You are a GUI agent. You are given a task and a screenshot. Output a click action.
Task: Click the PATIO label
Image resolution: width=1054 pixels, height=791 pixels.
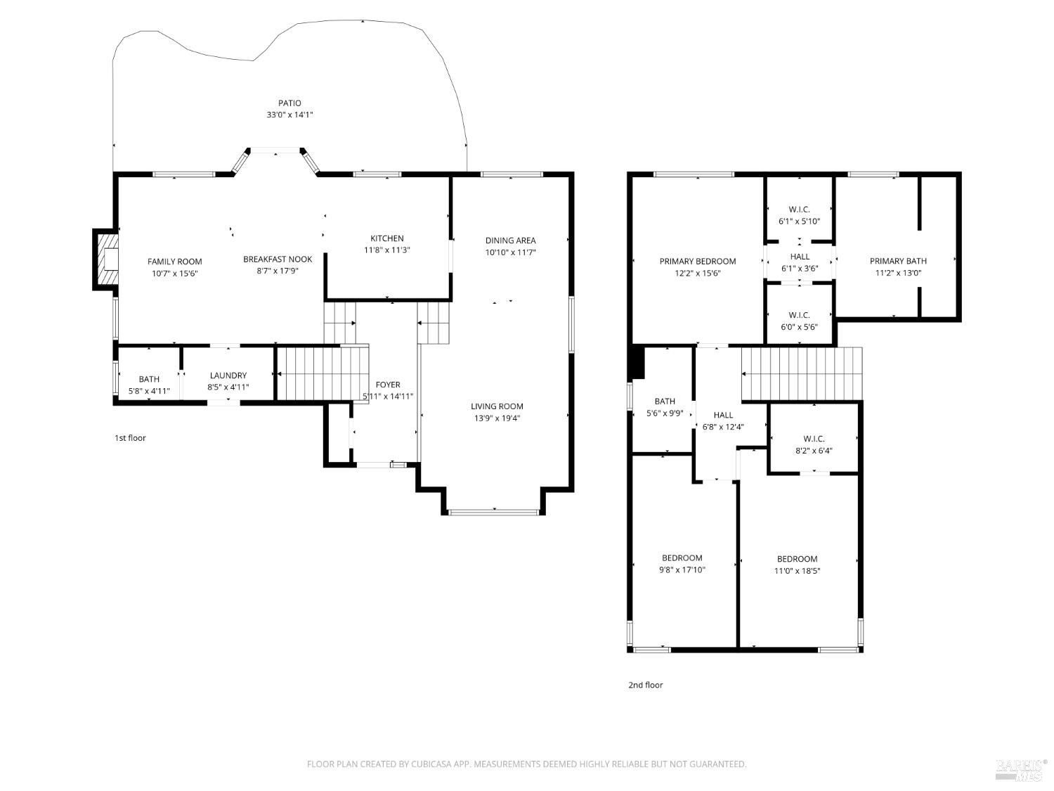289,103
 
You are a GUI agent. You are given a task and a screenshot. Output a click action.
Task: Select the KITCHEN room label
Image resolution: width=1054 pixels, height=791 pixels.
387,238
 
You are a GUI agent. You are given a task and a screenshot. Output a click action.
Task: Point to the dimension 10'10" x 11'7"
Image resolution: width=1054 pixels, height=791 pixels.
510,252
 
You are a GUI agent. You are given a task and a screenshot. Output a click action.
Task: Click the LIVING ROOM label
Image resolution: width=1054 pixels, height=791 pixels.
497,406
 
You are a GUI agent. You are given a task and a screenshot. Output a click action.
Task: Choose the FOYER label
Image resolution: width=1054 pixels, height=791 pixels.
388,385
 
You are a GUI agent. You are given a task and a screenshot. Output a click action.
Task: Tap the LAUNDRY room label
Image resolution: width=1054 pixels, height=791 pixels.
228,375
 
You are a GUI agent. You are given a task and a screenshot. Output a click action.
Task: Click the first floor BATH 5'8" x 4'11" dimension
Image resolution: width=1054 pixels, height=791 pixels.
149,391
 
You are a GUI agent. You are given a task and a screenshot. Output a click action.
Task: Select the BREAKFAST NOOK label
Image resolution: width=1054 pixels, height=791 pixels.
278,259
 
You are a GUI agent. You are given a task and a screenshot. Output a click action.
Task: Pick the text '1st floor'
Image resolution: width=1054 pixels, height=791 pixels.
130,438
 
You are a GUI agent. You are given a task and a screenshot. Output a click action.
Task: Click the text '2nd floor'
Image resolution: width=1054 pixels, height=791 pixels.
645,685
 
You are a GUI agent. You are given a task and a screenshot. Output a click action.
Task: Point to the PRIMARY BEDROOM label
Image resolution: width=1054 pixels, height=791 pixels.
697,262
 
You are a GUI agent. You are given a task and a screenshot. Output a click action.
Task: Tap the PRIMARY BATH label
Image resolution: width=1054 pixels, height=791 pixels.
898,262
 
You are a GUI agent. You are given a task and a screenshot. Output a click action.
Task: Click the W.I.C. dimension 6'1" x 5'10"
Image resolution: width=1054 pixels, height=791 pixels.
799,221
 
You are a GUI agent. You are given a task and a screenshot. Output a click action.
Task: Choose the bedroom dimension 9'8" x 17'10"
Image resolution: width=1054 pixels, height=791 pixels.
682,570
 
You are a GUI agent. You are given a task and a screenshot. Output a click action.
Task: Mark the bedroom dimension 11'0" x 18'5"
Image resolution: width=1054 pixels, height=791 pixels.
797,571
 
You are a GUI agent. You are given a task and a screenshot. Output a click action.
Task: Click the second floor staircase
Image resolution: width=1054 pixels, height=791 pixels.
802,374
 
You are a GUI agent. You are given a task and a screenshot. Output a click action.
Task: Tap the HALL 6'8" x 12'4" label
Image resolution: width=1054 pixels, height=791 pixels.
723,416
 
